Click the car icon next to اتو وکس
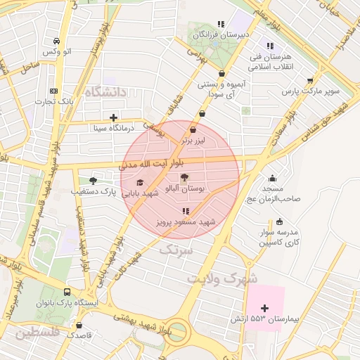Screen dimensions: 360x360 pos(56,41)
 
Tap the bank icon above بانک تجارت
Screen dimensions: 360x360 pos(54,91)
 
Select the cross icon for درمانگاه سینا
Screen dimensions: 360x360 pos(113,117)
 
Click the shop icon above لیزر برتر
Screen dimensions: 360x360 pos(193,129)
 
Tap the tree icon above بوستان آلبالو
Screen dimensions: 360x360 pos(184,178)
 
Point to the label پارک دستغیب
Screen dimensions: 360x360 pos(92,191)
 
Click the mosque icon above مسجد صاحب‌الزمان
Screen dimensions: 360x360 pos(272,178)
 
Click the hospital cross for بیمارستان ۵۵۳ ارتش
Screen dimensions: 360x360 pos(264,308)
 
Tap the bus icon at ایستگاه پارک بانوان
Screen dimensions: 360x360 pos(67,292)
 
